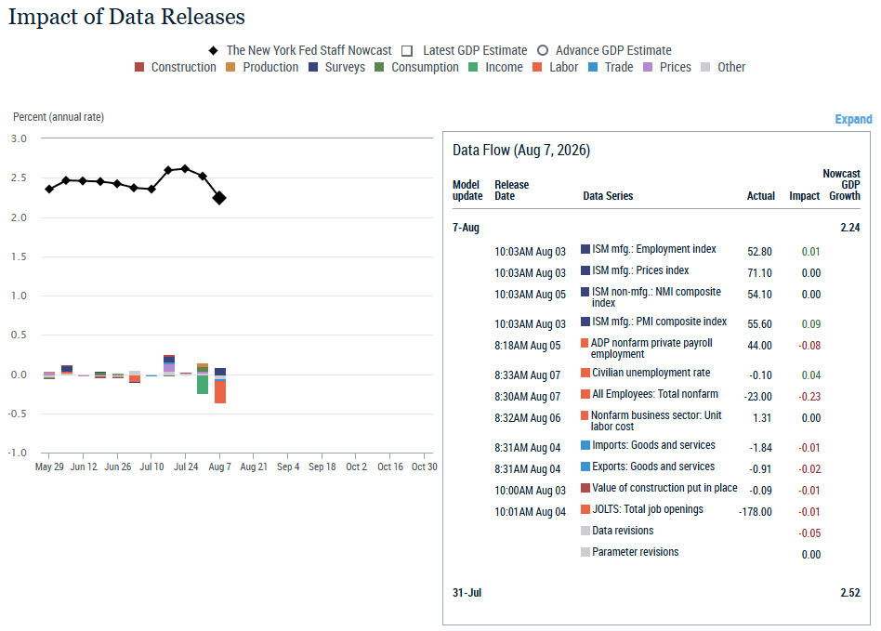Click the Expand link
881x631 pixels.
click(x=853, y=119)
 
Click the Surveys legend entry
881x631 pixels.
click(x=337, y=68)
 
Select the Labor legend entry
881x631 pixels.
click(x=555, y=68)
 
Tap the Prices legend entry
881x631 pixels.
click(x=667, y=68)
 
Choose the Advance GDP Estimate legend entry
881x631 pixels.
click(x=605, y=50)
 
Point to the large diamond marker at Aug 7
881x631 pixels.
click(x=219, y=198)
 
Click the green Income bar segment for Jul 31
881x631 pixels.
click(x=203, y=385)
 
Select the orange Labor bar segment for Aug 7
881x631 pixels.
click(x=220, y=391)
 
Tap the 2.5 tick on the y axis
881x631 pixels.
click(x=19, y=177)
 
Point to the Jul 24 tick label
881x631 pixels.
click(x=186, y=467)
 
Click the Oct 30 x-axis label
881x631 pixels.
click(x=424, y=467)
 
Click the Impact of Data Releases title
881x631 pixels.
click(x=126, y=17)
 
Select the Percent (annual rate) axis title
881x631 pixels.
click(x=59, y=117)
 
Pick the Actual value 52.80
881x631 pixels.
click(x=759, y=251)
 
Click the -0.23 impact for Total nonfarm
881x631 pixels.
click(x=809, y=396)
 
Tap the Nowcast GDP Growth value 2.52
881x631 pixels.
click(x=850, y=592)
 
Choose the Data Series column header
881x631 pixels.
click(x=608, y=195)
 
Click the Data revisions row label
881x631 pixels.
click(x=623, y=531)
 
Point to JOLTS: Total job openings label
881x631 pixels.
click(x=647, y=509)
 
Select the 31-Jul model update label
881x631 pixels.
click(x=467, y=592)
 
